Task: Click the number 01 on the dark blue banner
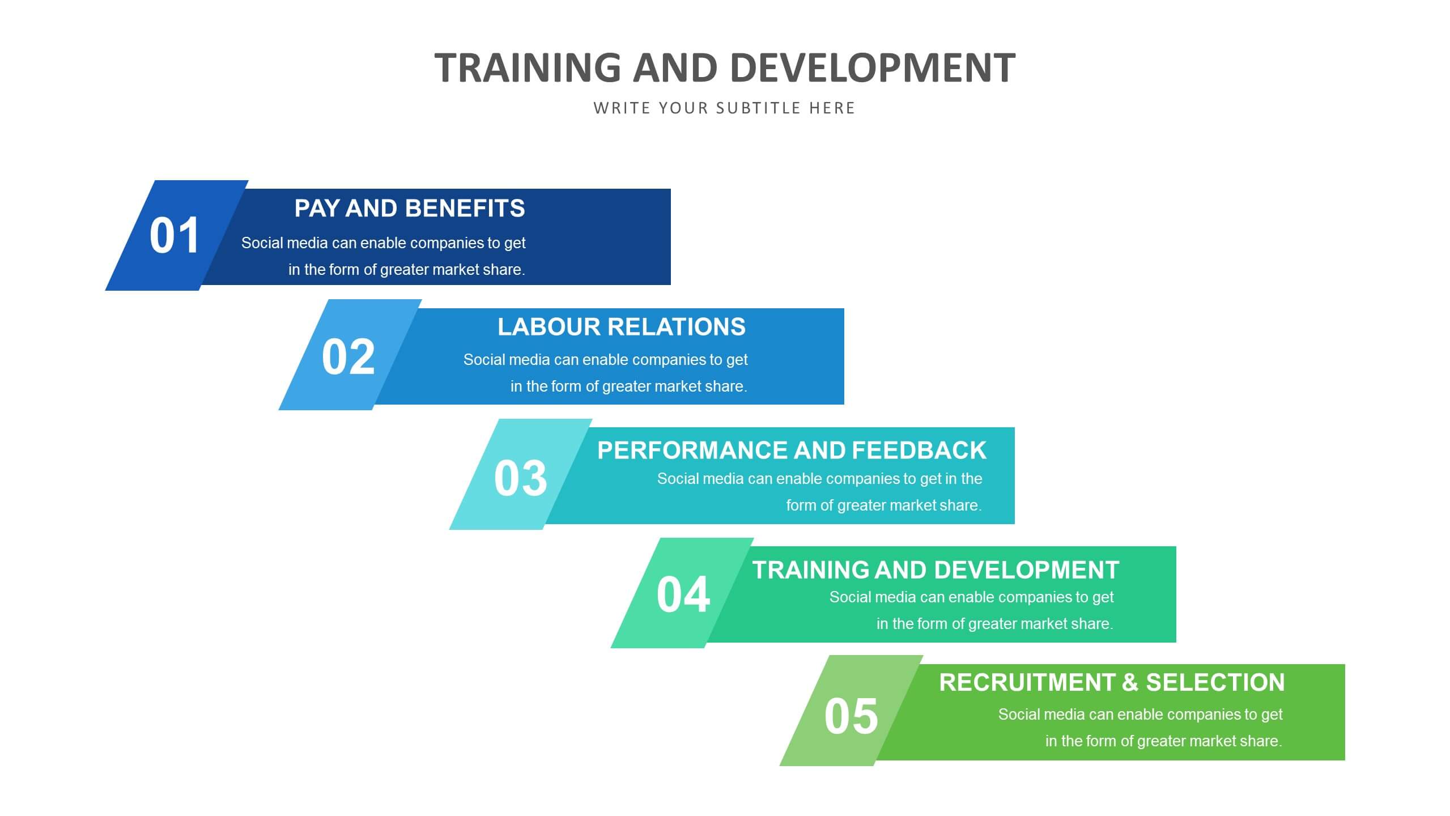tap(174, 235)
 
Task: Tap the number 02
tap(348, 356)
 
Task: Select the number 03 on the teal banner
tap(520, 478)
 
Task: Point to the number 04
tap(683, 594)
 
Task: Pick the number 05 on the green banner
tap(851, 716)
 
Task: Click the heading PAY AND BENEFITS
tap(410, 209)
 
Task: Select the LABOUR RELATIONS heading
tap(622, 327)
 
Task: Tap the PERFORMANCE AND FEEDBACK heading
tap(792, 450)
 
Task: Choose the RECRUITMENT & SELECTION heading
tap(1112, 682)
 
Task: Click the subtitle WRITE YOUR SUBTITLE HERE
tap(724, 108)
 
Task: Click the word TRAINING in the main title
tap(528, 67)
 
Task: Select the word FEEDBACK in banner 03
tap(919, 450)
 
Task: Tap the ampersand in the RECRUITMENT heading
tap(1130, 682)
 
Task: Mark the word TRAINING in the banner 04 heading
tap(810, 570)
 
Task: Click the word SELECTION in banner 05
tap(1215, 682)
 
